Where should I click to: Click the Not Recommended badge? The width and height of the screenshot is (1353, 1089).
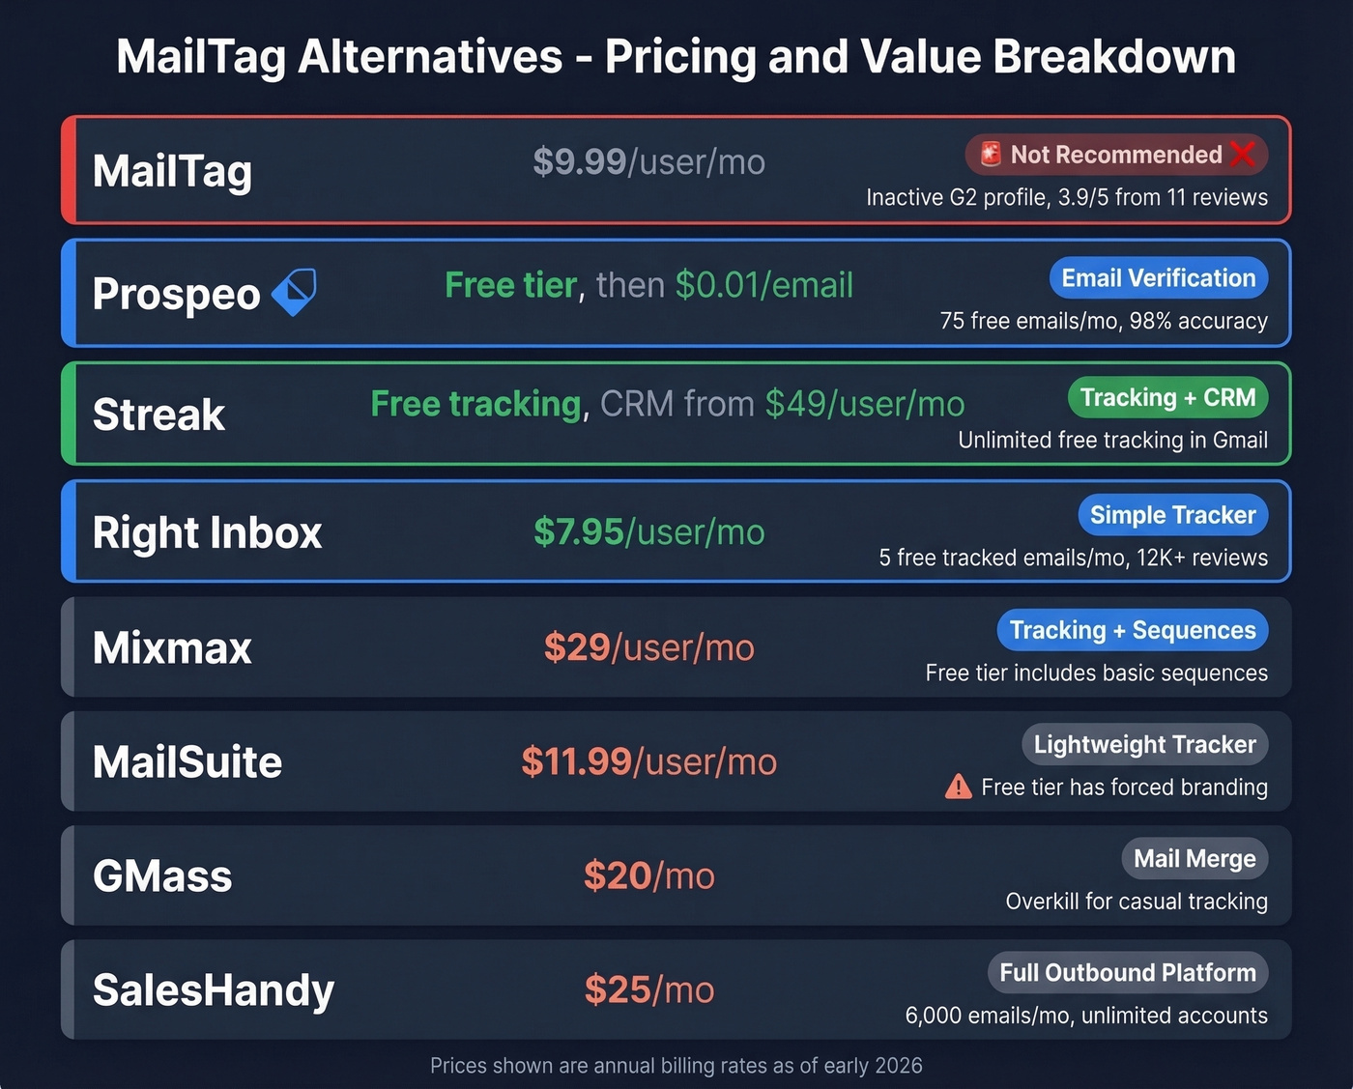click(1115, 155)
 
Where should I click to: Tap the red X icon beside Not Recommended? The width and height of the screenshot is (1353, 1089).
click(1244, 154)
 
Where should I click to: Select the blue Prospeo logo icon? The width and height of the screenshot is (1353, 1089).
click(294, 292)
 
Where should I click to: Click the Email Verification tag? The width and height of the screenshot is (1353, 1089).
click(1158, 278)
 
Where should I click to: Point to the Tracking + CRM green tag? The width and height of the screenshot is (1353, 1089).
click(1167, 398)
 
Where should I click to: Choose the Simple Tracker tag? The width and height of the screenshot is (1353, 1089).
click(1172, 516)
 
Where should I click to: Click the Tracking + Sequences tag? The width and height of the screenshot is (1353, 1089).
click(1132, 631)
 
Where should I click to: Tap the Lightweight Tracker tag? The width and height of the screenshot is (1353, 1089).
click(1144, 745)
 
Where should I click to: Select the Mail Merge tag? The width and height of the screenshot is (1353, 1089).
click(1194, 859)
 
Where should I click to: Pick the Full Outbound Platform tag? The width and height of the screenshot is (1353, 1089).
click(1127, 973)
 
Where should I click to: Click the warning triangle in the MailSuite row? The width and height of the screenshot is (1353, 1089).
click(958, 787)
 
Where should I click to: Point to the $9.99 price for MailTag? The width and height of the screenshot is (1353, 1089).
click(580, 162)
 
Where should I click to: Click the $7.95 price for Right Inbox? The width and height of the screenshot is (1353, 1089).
click(579, 532)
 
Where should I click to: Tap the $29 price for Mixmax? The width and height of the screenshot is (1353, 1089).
click(577, 647)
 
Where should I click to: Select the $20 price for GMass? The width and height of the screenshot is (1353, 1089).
click(618, 876)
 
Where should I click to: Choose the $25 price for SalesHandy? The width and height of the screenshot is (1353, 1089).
click(618, 990)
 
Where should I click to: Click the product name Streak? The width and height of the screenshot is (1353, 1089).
click(158, 415)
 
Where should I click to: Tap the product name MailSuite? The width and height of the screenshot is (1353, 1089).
click(187, 762)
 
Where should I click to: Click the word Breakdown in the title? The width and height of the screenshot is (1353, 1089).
click(1113, 56)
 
